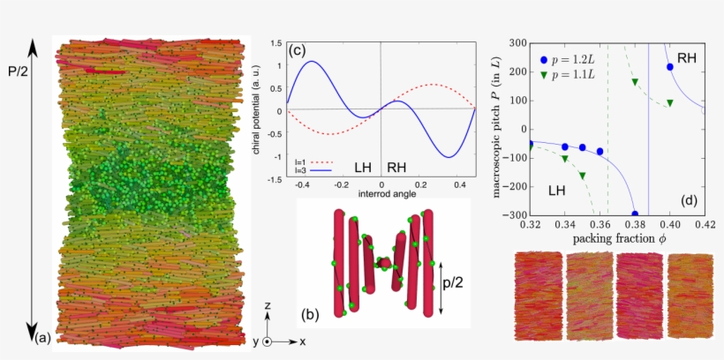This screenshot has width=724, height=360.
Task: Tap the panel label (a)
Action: point(41,336)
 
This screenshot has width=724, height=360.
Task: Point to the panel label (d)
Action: point(690,199)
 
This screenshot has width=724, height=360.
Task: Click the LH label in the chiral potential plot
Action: point(362,166)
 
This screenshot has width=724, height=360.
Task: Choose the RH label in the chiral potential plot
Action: point(398,166)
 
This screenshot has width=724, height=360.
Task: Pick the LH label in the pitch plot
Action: point(557,191)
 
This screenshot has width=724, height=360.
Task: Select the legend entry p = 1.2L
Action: point(570,59)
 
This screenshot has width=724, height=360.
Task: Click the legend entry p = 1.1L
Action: point(570,75)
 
